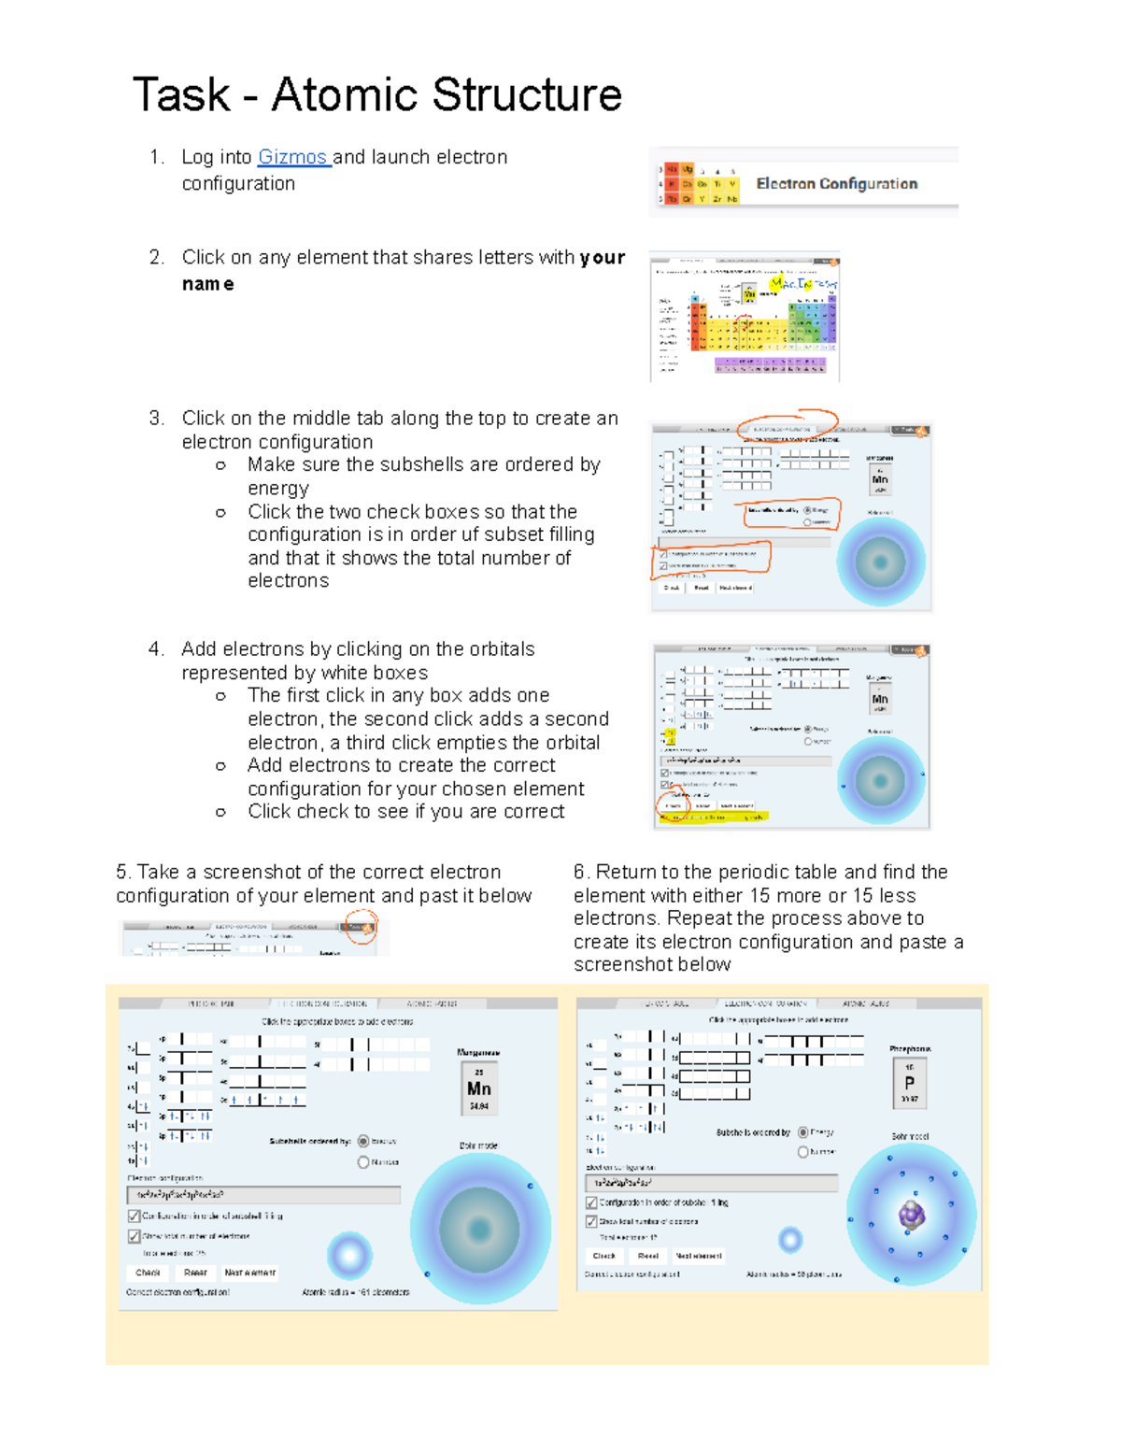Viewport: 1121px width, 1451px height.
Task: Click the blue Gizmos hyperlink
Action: point(292,157)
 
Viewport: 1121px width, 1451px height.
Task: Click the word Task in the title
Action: point(181,94)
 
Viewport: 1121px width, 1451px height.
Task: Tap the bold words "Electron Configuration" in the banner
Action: point(836,184)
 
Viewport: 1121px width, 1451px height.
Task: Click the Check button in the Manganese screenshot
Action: point(148,1273)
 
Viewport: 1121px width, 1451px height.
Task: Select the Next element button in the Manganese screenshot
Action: point(249,1273)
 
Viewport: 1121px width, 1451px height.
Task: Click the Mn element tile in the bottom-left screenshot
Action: point(478,1089)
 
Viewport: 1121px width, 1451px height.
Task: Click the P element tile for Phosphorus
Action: point(909,1083)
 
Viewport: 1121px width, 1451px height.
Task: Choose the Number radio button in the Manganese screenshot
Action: point(363,1162)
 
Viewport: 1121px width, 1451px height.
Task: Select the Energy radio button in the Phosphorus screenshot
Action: point(802,1132)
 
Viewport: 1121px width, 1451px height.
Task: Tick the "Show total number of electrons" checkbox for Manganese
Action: point(134,1236)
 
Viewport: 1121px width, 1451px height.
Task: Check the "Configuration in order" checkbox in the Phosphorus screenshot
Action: point(591,1202)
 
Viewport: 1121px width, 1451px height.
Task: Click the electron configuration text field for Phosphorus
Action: point(711,1183)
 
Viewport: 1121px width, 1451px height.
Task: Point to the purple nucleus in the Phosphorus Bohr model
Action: point(911,1215)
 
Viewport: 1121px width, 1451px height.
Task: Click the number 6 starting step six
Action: point(579,873)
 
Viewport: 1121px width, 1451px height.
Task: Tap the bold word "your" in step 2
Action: point(602,258)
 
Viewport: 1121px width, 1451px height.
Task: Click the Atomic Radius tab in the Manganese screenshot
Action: point(432,1003)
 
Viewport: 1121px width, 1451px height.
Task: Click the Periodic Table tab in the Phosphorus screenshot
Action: point(665,1003)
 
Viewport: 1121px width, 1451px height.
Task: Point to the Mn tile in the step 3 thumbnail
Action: point(879,479)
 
